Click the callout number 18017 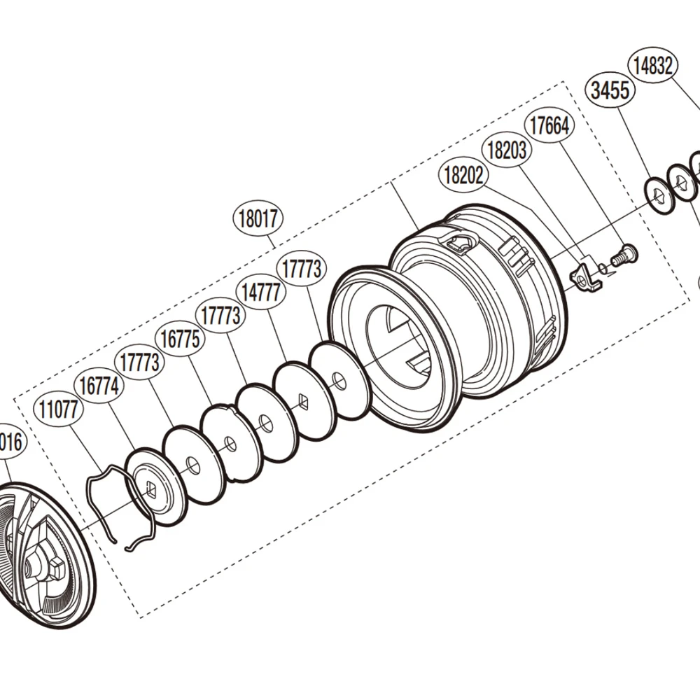[258, 219]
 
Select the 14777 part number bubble [262, 291]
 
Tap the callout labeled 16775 [180, 339]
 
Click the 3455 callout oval [609, 91]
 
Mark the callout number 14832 [653, 66]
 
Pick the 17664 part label [549, 126]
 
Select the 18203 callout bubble [506, 150]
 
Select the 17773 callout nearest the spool [302, 268]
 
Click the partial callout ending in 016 [10, 442]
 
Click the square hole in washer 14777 [302, 400]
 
